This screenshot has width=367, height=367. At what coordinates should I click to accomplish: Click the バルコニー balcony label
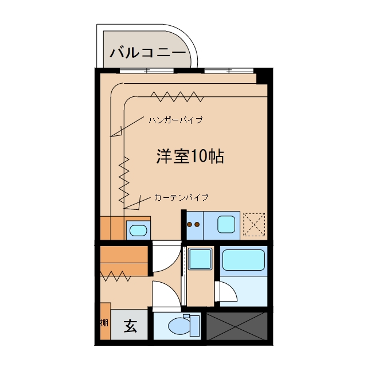point(148,53)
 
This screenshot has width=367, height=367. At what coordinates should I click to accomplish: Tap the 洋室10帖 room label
point(190,156)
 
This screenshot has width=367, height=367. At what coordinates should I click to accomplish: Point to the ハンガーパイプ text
point(176,120)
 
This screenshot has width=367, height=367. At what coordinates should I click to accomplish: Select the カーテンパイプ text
point(181,197)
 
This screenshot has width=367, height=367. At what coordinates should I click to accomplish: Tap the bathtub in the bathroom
point(244,260)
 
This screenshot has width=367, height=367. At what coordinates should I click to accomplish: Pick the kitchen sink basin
point(226,224)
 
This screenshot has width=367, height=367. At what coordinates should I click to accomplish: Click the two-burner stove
point(193,225)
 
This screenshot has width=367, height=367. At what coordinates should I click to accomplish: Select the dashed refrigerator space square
point(254,224)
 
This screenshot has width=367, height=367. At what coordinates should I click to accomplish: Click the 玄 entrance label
point(130,326)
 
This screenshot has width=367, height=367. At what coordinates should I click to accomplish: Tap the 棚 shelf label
point(104,323)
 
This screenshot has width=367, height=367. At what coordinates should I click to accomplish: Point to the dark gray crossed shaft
point(237,326)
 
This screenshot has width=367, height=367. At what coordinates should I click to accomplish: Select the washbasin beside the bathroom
point(200,259)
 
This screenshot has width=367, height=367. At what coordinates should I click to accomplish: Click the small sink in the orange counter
point(138,231)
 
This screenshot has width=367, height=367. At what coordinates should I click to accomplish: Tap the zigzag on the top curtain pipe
point(177,97)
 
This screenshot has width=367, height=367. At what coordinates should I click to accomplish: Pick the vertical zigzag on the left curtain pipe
point(124,180)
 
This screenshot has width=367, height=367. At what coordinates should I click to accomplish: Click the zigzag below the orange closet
point(115,276)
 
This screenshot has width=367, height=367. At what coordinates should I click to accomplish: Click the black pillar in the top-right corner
point(263,76)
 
